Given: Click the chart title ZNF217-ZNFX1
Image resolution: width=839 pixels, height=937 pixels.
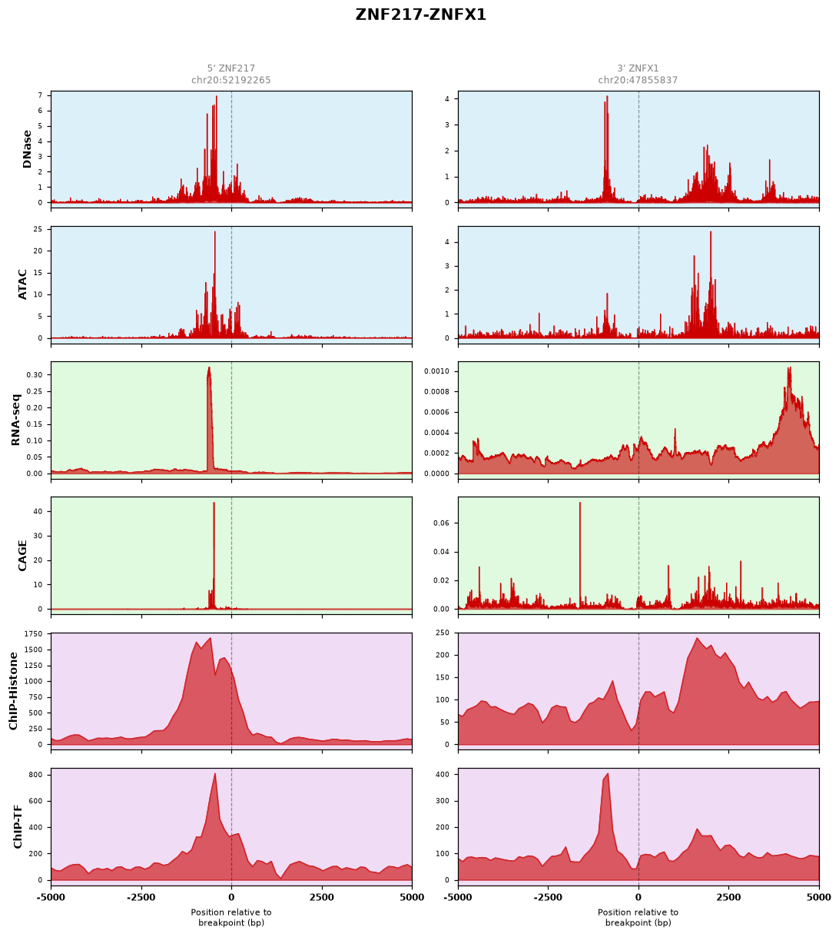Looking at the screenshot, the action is pyautogui.click(x=420, y=15).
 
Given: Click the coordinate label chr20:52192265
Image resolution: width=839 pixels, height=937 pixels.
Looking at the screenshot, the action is pyautogui.click(x=230, y=80).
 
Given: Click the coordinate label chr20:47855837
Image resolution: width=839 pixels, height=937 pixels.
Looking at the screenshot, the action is pyautogui.click(x=638, y=80).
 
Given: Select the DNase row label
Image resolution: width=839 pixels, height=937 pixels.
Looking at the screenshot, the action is pyautogui.click(x=27, y=149).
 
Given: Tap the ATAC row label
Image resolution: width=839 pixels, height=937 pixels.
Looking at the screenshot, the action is pyautogui.click(x=22, y=284).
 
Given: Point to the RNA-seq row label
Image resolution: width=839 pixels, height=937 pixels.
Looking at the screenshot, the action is pyautogui.click(x=15, y=420).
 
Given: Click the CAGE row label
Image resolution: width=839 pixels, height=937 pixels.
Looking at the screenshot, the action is pyautogui.click(x=22, y=556).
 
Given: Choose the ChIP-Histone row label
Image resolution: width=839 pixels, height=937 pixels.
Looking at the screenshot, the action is pyautogui.click(x=13, y=691).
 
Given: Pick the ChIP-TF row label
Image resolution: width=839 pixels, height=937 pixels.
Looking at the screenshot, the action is pyautogui.click(x=18, y=826).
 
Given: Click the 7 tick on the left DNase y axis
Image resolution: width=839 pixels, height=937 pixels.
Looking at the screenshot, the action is pyautogui.click(x=40, y=95).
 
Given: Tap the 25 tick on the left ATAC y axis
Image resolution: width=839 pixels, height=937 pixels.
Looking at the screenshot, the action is pyautogui.click(x=38, y=229).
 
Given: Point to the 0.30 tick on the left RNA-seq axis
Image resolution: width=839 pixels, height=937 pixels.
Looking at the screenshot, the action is pyautogui.click(x=35, y=374).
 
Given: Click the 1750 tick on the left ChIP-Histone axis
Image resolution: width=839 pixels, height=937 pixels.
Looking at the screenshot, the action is pyautogui.click(x=33, y=633).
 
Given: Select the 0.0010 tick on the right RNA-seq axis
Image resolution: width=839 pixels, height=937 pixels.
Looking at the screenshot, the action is pyautogui.click(x=437, y=371).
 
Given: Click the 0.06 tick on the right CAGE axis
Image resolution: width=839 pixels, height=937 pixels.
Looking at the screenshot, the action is pyautogui.click(x=442, y=523).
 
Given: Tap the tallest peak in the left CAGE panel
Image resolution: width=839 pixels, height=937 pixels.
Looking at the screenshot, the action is pyautogui.click(x=214, y=503).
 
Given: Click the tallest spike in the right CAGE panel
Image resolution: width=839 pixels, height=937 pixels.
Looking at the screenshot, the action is pyautogui.click(x=579, y=503).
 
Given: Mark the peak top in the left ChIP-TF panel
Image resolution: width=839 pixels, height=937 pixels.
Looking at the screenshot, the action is pyautogui.click(x=215, y=773).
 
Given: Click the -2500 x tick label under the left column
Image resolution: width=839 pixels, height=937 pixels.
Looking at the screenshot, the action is pyautogui.click(x=141, y=897).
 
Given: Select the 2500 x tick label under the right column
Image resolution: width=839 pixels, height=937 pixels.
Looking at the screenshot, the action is pyautogui.click(x=728, y=897).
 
